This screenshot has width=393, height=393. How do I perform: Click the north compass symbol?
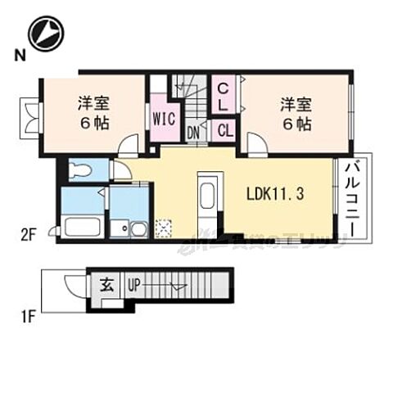[45, 34]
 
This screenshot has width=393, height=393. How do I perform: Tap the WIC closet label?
[162, 116]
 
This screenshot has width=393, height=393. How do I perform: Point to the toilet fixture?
[80, 171]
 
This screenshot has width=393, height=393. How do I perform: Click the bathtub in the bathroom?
[81, 226]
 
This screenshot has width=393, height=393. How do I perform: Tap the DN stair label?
[195, 131]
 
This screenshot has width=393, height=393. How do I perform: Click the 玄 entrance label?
[107, 286]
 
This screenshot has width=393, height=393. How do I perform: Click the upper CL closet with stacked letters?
[223, 97]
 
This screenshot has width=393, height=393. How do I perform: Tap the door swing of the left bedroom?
[129, 147]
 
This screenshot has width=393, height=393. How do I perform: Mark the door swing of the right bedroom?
[256, 147]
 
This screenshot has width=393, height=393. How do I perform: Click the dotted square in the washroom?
[163, 227]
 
